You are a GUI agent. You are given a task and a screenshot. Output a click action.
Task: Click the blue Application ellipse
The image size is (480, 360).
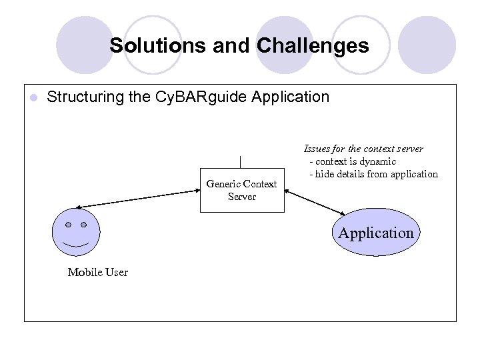click(375, 233)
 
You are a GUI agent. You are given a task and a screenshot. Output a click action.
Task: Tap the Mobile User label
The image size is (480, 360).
click(97, 272)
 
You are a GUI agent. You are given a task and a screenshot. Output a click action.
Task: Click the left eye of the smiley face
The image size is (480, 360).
click(68, 225)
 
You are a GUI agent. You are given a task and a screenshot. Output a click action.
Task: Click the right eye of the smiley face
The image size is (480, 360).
click(84, 225)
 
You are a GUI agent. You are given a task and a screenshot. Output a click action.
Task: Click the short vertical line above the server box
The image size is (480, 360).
click(240, 162)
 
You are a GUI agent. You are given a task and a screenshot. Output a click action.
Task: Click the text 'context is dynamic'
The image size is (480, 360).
click(355, 161)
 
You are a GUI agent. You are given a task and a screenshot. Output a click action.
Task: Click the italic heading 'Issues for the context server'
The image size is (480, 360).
click(363, 149)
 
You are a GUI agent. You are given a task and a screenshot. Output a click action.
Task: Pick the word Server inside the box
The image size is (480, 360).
click(241, 197)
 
